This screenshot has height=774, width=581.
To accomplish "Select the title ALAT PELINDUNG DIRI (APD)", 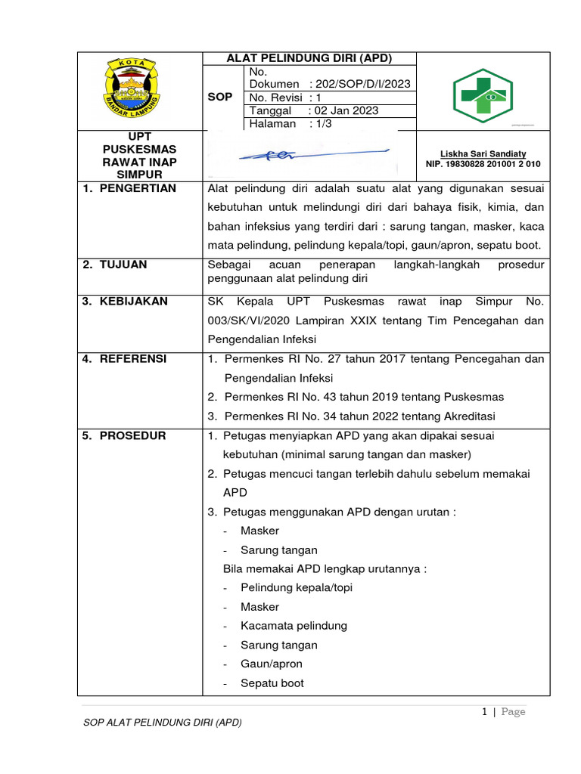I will click(309, 58).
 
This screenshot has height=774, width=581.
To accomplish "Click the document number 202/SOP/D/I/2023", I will click(365, 84).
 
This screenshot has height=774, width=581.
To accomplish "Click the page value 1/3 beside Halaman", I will click(326, 123).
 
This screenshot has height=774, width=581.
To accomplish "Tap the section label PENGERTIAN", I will click(138, 188).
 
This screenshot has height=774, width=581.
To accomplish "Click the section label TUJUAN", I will click(123, 265).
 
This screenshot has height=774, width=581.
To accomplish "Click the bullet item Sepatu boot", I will click(272, 683).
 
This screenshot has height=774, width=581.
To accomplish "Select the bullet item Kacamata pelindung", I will click(294, 626).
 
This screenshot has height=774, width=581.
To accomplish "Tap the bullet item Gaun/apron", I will click(271, 664).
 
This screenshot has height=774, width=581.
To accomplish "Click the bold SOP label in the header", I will click(220, 98).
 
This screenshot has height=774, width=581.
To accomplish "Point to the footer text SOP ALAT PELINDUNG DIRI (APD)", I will click(162, 723).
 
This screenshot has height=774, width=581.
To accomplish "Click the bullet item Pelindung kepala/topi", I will click(296, 587).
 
